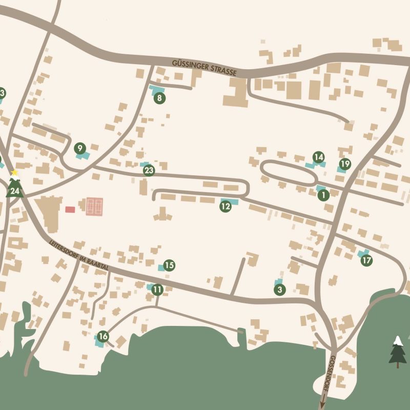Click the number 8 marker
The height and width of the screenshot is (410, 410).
[159, 97]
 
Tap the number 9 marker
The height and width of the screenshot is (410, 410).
[79, 149]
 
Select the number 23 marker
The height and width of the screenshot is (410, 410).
[149, 171]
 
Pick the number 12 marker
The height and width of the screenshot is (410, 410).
[225, 207]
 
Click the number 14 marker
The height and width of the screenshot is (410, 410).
[319, 157]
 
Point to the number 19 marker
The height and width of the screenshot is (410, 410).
[345, 164]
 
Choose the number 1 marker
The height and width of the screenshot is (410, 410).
[323, 195]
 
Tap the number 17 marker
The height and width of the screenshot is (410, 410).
[366, 260]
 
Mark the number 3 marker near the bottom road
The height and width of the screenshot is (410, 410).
[279, 290]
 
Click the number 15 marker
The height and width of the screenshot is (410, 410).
[169, 265]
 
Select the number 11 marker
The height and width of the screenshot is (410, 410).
[157, 290]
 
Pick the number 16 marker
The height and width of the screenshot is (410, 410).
[103, 336]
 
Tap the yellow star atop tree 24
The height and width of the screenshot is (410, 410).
[15, 173]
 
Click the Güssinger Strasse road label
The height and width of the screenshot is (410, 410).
[204, 67]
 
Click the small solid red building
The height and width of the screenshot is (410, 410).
[70, 209]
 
